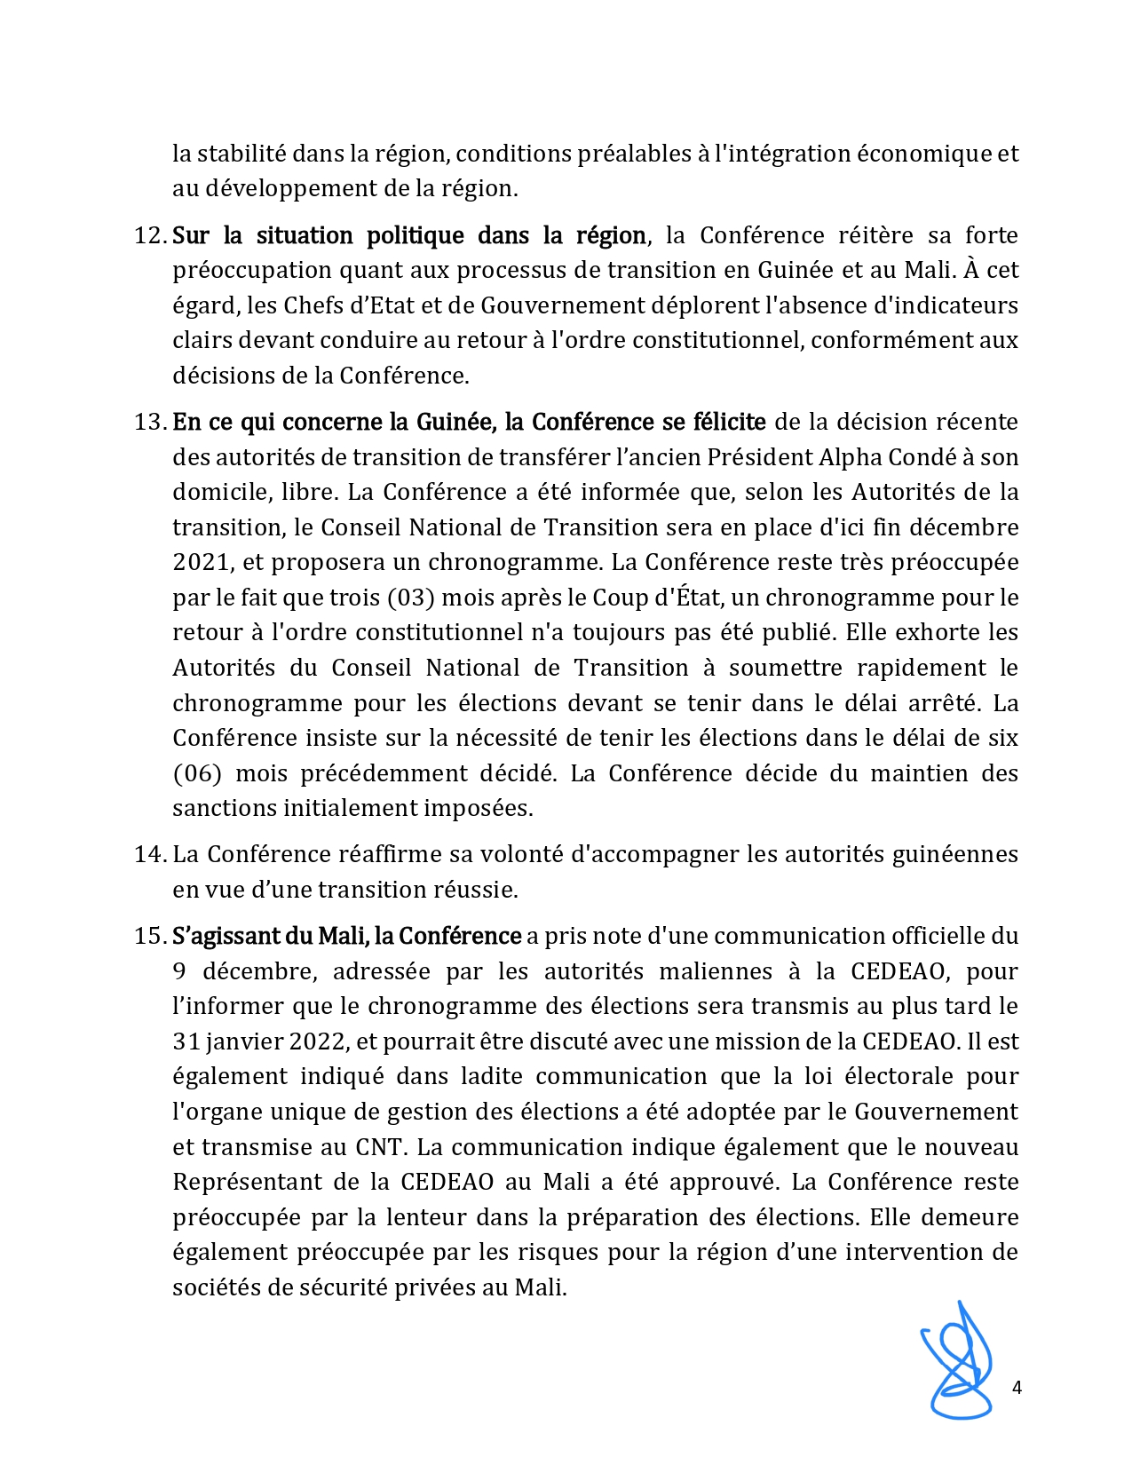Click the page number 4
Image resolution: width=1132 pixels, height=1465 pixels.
tap(1017, 1388)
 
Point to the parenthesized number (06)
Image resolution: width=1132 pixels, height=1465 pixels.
tap(196, 773)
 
